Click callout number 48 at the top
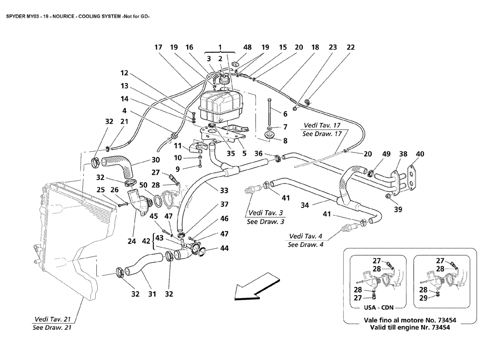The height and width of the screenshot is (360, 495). click(x=247, y=47)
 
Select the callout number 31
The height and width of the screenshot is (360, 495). click(x=152, y=294)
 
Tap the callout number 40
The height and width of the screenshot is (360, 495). click(x=419, y=154)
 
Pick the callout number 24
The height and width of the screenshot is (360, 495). click(x=131, y=241)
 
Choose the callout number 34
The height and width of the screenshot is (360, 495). click(x=305, y=205)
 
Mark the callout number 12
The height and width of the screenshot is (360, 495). click(x=124, y=72)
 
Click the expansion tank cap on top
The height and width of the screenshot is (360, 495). click(x=223, y=81)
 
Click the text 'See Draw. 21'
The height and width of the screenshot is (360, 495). click(x=52, y=327)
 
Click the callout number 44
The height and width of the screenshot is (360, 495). click(x=224, y=248)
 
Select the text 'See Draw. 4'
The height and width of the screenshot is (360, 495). click(x=305, y=244)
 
